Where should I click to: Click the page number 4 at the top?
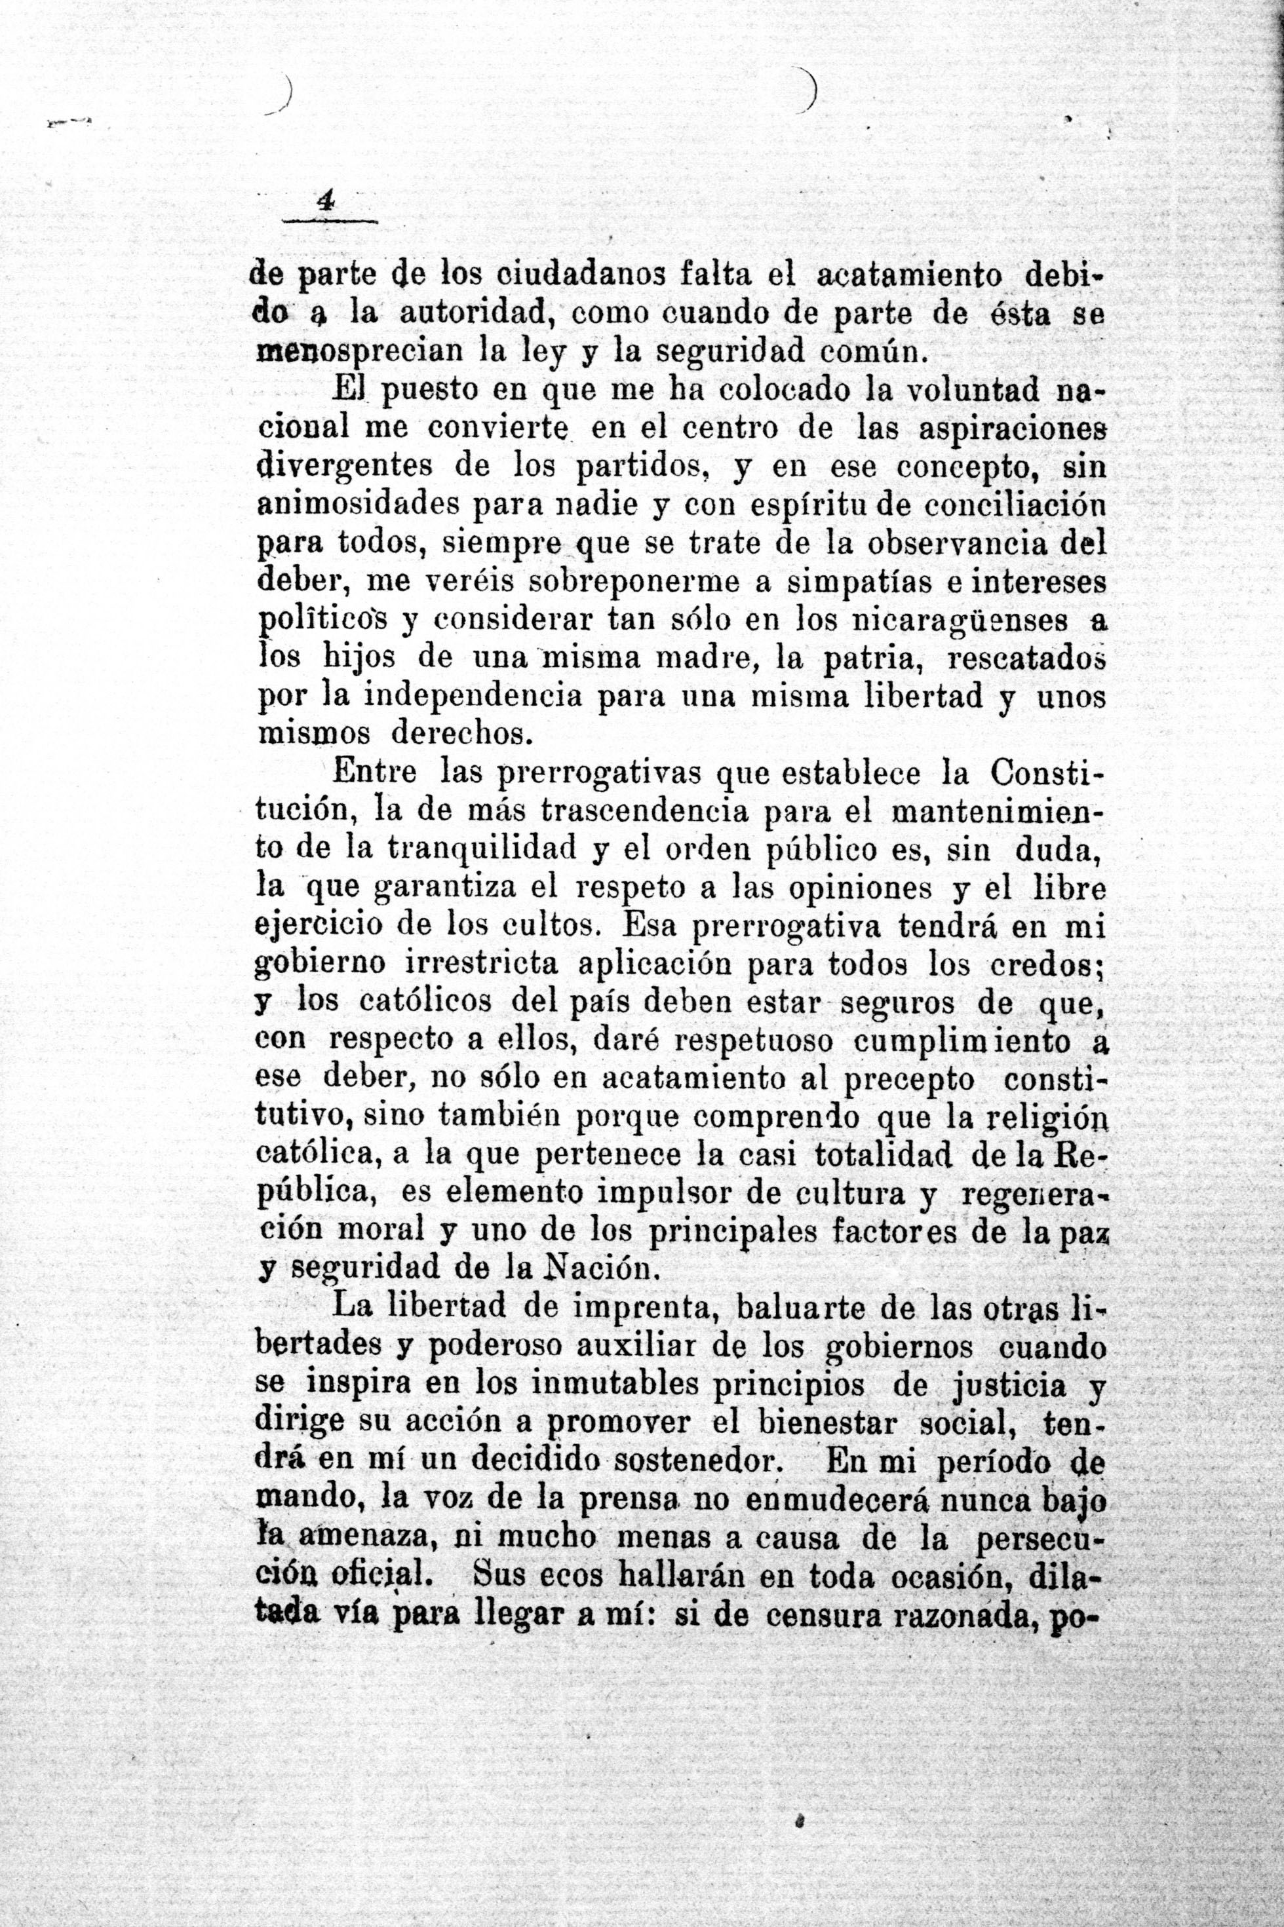tap(326, 201)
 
